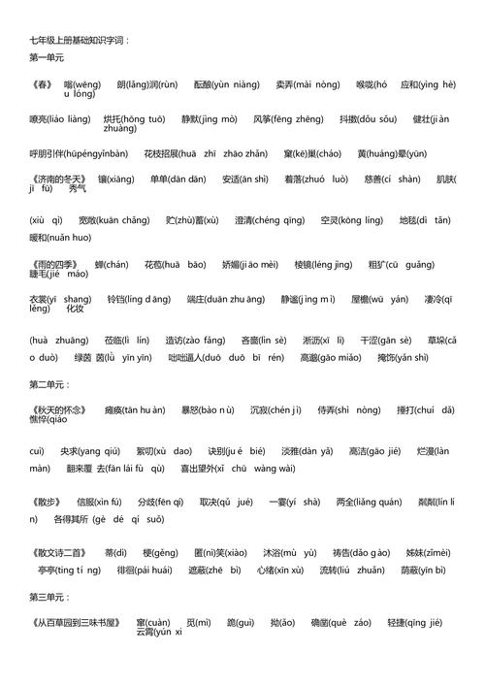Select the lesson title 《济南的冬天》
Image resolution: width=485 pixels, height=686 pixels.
pyautogui.click(x=57, y=179)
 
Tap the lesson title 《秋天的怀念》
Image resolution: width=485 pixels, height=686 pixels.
pyautogui.click(x=57, y=409)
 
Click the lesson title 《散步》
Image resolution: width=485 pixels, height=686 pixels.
pyautogui.click(x=44, y=502)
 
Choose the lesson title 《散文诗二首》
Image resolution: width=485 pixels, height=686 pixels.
pyautogui.click(x=57, y=552)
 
